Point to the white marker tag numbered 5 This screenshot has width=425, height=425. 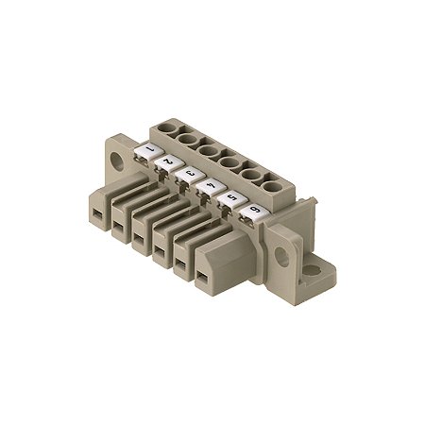(229, 200)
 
